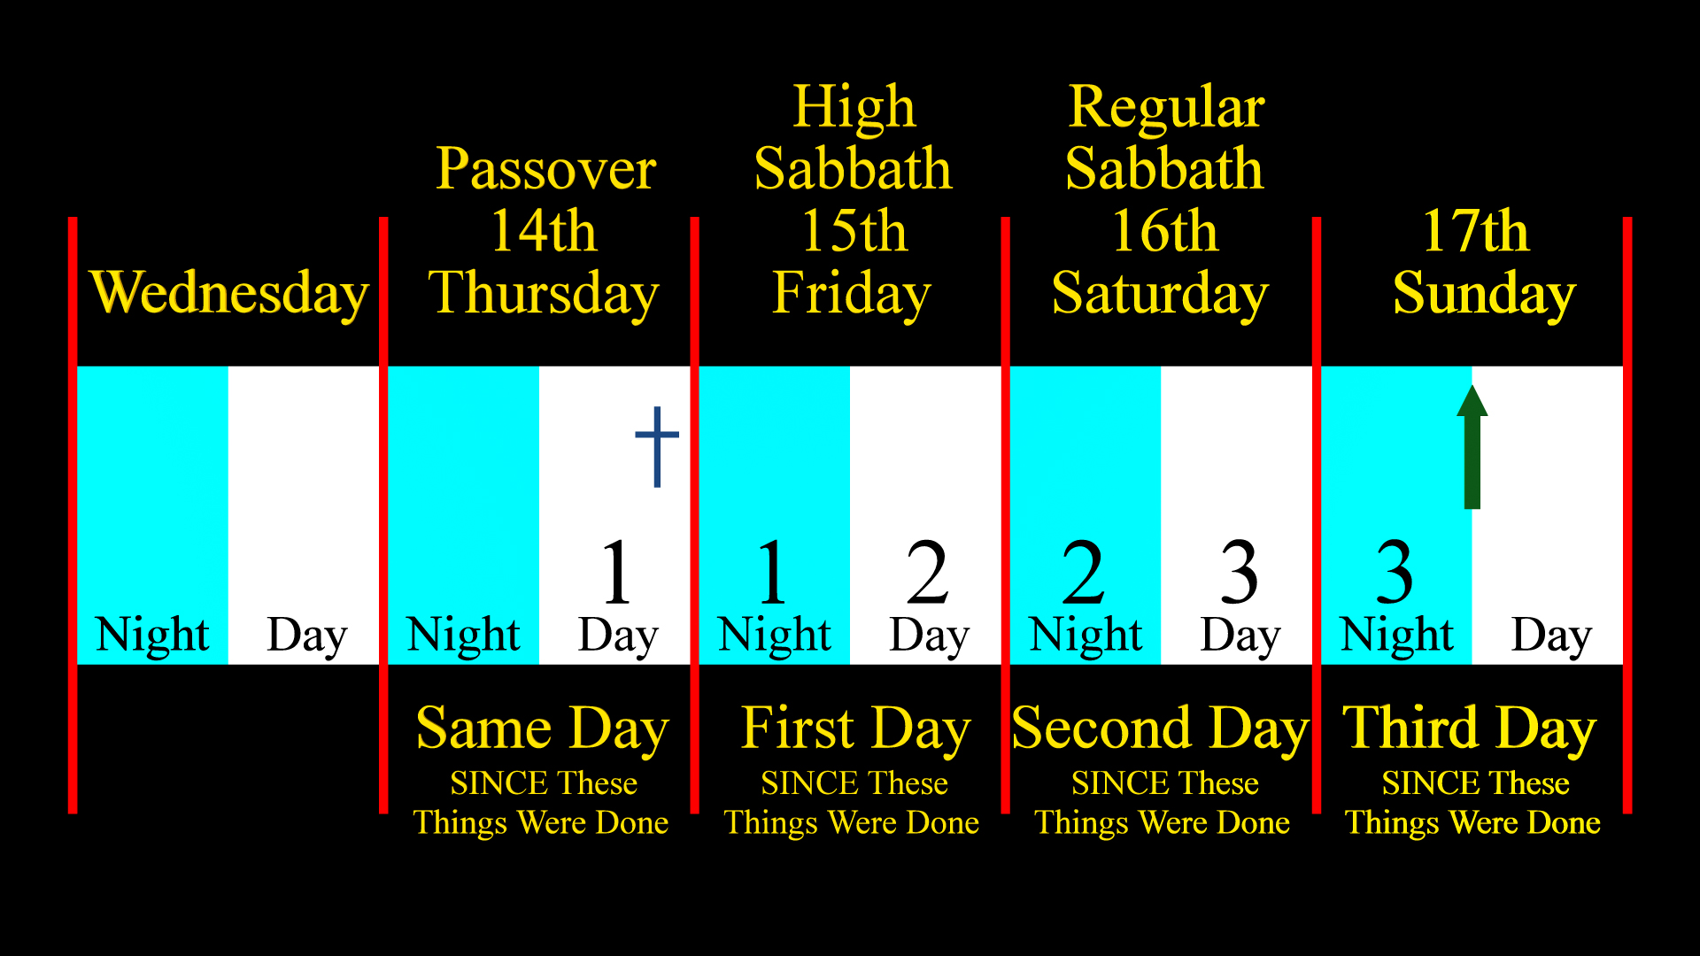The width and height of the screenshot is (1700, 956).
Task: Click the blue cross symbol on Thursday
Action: pyautogui.click(x=657, y=446)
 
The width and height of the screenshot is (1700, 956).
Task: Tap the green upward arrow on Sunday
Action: pyautogui.click(x=1472, y=447)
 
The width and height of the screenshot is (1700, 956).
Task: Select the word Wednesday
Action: pyautogui.click(x=229, y=293)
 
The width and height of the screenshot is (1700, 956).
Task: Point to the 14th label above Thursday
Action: pyautogui.click(x=544, y=231)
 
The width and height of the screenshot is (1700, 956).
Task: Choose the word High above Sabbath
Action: pyautogui.click(x=854, y=107)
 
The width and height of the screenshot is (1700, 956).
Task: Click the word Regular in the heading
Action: pyautogui.click(x=1166, y=107)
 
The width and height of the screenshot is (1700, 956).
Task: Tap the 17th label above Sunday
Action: pyautogui.click(x=1475, y=231)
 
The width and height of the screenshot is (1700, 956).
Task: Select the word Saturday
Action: pyautogui.click(x=1160, y=293)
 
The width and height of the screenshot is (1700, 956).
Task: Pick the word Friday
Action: pyautogui.click(x=852, y=293)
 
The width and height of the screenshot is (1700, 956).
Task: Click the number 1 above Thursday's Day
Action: pyautogui.click(x=617, y=572)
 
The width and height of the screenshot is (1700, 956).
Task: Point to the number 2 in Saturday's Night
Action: pyautogui.click(x=1084, y=572)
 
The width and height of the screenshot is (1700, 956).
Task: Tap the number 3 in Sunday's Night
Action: pyautogui.click(x=1395, y=572)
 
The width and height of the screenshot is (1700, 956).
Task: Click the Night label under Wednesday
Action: pyautogui.click(x=152, y=635)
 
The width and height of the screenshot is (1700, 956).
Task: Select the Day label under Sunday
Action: pyautogui.click(x=1551, y=636)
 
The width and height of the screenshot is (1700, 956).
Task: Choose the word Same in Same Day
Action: pyautogui.click(x=484, y=729)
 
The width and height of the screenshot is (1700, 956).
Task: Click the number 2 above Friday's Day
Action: pyautogui.click(x=928, y=572)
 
